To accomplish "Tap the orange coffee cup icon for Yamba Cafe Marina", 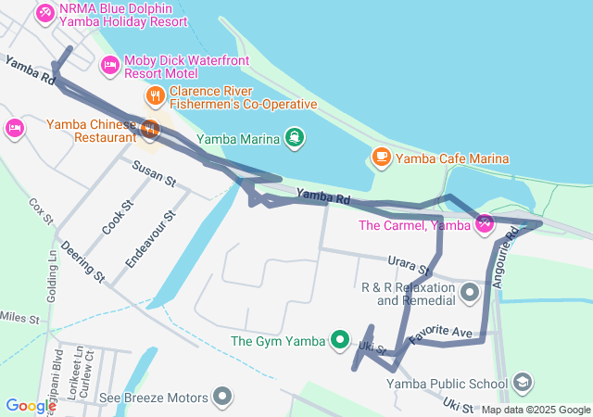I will click(380, 158).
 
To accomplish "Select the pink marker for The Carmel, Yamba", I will click(484, 224).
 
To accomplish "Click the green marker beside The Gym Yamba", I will click(340, 341).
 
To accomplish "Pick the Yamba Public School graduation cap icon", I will click(523, 383).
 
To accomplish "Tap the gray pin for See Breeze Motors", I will click(221, 398).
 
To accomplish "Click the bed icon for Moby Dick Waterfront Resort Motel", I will click(109, 65).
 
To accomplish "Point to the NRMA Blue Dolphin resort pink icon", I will click(44, 14).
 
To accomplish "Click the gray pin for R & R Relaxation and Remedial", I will click(470, 294).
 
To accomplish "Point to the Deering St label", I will click(83, 262).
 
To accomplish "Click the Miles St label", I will click(19, 318).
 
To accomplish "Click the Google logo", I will click(31, 405).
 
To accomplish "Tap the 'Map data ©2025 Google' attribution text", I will click(535, 410).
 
